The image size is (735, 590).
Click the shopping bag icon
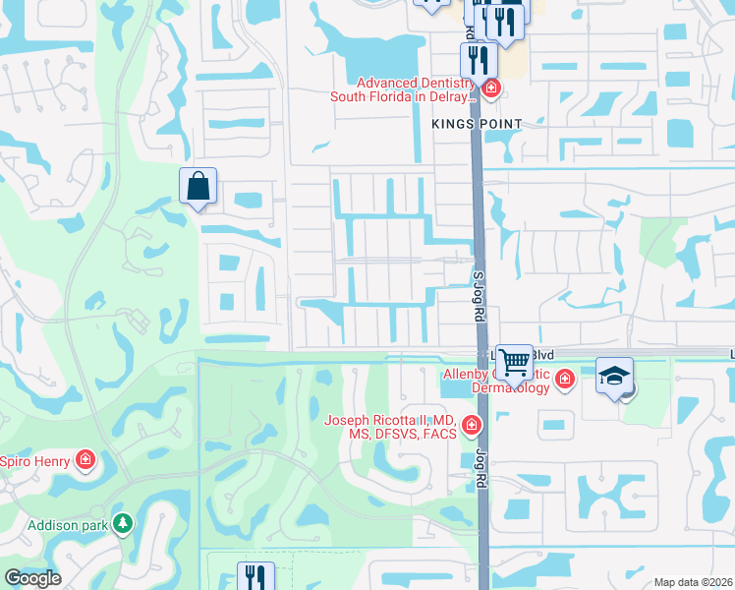(198, 185)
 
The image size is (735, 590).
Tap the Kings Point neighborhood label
(476, 123)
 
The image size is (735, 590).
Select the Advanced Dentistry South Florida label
(415, 90)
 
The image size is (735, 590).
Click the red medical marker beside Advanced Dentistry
(490, 89)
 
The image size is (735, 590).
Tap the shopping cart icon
(514, 363)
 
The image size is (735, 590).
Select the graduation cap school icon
(614, 376)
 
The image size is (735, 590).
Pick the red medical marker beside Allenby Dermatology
(564, 380)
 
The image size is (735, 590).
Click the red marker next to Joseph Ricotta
(472, 426)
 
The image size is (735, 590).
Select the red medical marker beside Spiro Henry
(85, 459)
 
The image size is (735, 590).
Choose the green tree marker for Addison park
(123, 523)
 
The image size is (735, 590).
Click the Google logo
(31, 578)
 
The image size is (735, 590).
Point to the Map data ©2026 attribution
(693, 582)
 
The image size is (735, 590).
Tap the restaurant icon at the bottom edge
(255, 575)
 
